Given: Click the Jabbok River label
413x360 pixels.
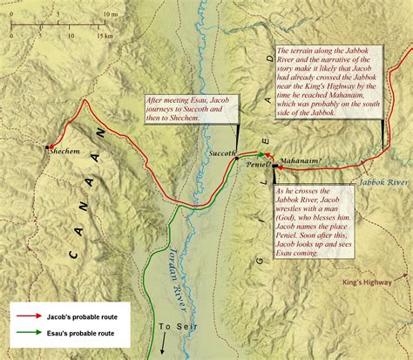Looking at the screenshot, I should point(383,183).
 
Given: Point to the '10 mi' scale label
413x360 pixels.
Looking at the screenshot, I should point(85,14).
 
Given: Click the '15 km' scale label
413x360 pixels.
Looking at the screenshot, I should point(105,36).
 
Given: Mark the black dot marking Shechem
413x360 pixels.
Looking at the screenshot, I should point(49,146).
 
